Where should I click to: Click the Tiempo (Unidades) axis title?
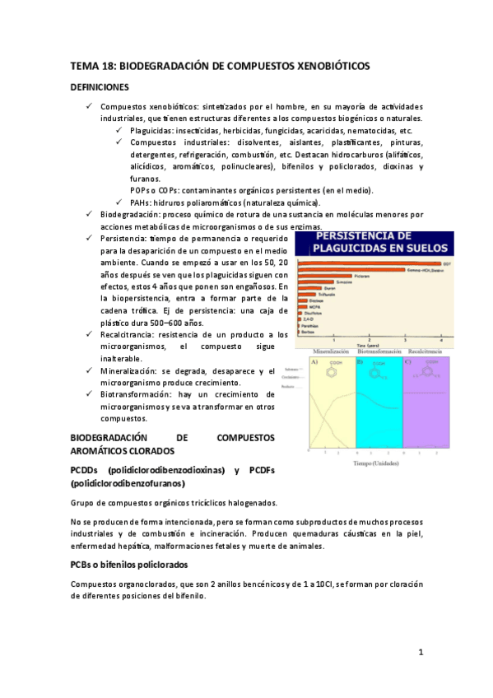pyautogui.click(x=378, y=463)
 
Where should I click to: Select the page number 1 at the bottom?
pyautogui.click(x=420, y=653)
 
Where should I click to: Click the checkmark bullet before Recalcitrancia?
pyautogui.click(x=90, y=335)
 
